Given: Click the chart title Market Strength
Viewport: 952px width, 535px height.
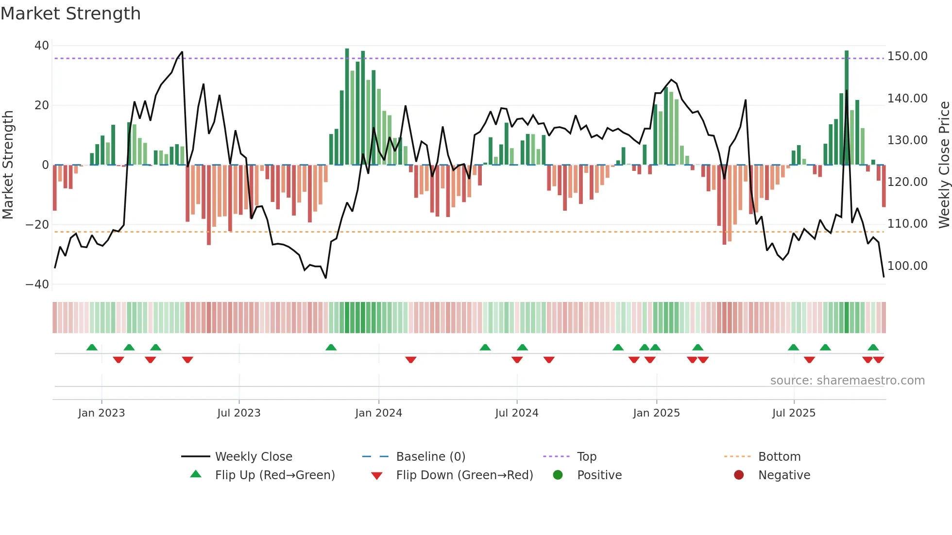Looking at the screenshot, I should tap(70, 14).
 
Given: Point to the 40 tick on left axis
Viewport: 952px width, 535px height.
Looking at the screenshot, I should tap(42, 46).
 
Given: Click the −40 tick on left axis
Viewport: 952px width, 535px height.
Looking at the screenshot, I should tap(37, 284).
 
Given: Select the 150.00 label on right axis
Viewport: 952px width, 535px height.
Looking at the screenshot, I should tap(907, 56).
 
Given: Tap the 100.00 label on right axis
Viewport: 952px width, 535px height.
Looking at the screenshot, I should tap(907, 266).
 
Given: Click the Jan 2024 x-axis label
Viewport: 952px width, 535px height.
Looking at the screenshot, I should tap(378, 413).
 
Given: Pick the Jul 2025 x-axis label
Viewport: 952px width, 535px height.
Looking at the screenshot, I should tap(794, 413).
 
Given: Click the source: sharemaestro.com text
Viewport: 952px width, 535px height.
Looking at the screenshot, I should tap(847, 381).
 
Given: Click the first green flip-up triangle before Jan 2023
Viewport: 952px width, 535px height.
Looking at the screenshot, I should tap(92, 347).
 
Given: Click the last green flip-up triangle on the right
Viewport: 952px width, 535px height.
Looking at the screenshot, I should tap(873, 347).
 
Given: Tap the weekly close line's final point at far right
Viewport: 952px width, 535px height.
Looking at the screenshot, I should tap(884, 277).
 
